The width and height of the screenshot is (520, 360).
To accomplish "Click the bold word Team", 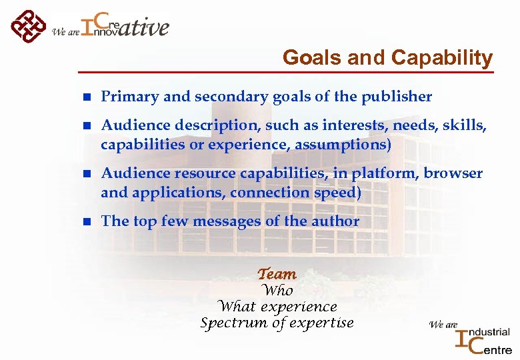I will point(277,274).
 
